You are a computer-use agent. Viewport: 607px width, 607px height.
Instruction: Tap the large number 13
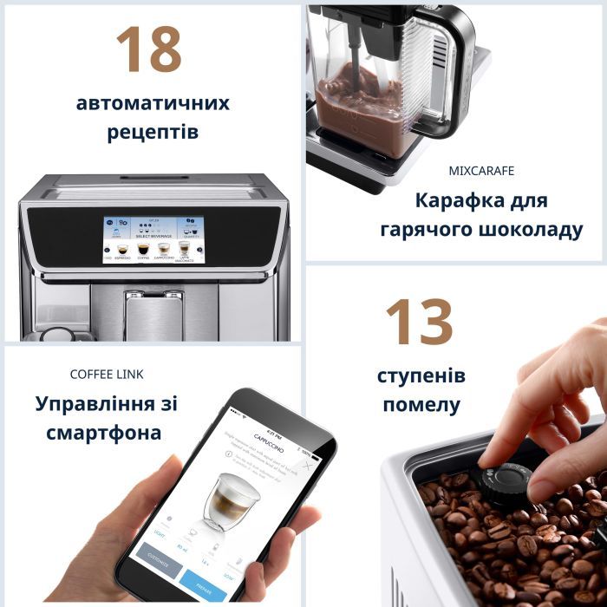(x=419, y=323)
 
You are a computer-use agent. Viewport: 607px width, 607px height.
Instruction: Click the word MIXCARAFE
(x=483, y=171)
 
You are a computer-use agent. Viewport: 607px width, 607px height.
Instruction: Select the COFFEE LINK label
(x=107, y=375)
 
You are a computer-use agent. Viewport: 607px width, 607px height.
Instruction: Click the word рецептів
(x=153, y=133)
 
